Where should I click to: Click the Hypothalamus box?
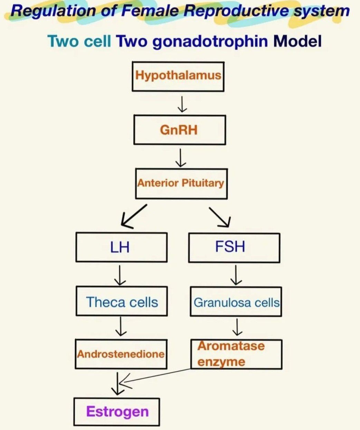click(x=178, y=76)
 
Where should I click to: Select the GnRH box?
click(x=179, y=130)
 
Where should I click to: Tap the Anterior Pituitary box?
click(x=181, y=183)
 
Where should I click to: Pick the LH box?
click(x=121, y=247)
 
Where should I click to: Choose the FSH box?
click(x=234, y=247)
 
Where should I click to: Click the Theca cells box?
click(x=121, y=302)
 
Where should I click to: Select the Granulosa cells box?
click(x=236, y=302)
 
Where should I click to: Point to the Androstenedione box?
click(x=121, y=354)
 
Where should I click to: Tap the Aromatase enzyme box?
click(x=236, y=354)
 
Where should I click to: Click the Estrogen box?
click(x=117, y=411)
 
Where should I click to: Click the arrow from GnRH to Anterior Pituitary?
click(x=181, y=157)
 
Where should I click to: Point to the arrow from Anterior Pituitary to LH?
click(x=134, y=216)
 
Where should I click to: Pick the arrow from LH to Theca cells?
click(x=120, y=275)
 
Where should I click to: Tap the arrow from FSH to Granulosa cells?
click(x=236, y=275)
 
